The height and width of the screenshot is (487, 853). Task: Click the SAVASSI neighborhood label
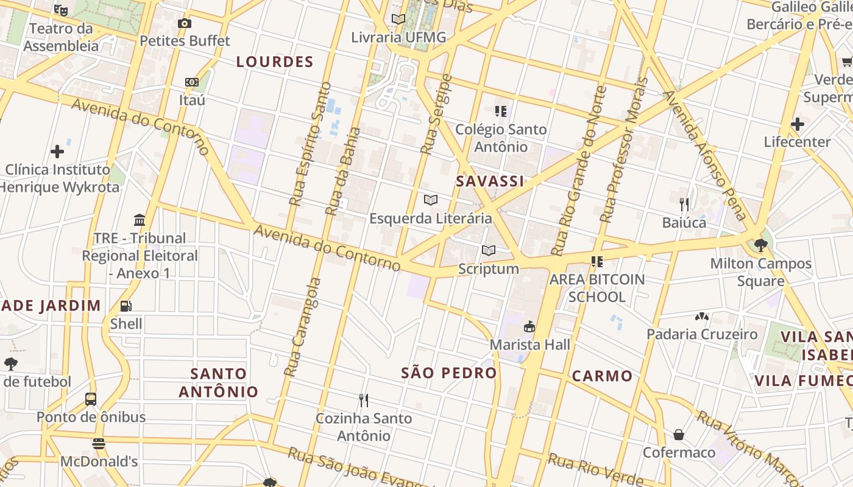point(490,181)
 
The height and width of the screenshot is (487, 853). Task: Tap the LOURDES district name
point(275,62)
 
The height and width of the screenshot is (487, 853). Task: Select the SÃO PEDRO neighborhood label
point(449,373)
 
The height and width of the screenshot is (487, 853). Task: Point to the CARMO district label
point(602,376)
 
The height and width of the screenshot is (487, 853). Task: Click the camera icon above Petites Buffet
point(185,24)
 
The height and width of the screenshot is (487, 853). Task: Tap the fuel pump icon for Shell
point(126,306)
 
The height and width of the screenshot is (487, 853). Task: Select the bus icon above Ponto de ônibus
point(91,399)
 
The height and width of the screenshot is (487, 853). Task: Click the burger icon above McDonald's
point(99,444)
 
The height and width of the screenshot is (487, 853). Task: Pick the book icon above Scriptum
point(489,250)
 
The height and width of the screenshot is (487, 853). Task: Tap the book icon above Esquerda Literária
point(431,200)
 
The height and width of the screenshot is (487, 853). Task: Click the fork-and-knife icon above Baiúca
point(684,204)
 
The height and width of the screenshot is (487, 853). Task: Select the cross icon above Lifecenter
point(798,124)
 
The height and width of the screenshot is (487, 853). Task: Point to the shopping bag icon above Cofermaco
point(679,435)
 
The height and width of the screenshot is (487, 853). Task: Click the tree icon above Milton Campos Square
point(760,245)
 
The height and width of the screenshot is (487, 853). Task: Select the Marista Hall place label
point(530,345)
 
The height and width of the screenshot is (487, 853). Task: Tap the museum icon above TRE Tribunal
point(140,220)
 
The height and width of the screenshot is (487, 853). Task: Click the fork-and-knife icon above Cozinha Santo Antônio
point(364,401)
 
